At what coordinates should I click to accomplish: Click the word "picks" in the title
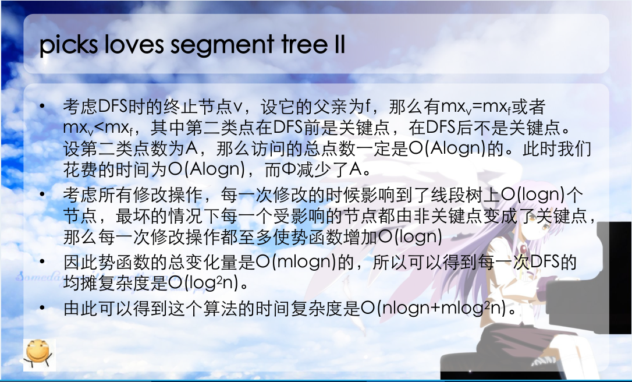pos(69,44)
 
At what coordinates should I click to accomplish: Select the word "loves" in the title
pos(134,44)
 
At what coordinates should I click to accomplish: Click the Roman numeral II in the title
pos(340,44)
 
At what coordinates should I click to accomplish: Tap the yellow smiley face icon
pos(38,354)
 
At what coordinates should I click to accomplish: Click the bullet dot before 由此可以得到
pos(42,308)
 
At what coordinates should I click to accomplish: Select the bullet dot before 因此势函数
pos(42,261)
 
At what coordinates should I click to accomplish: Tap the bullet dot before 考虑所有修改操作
pos(42,194)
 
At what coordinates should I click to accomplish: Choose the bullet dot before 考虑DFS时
pos(42,106)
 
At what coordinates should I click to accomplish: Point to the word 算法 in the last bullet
pos(220,308)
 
